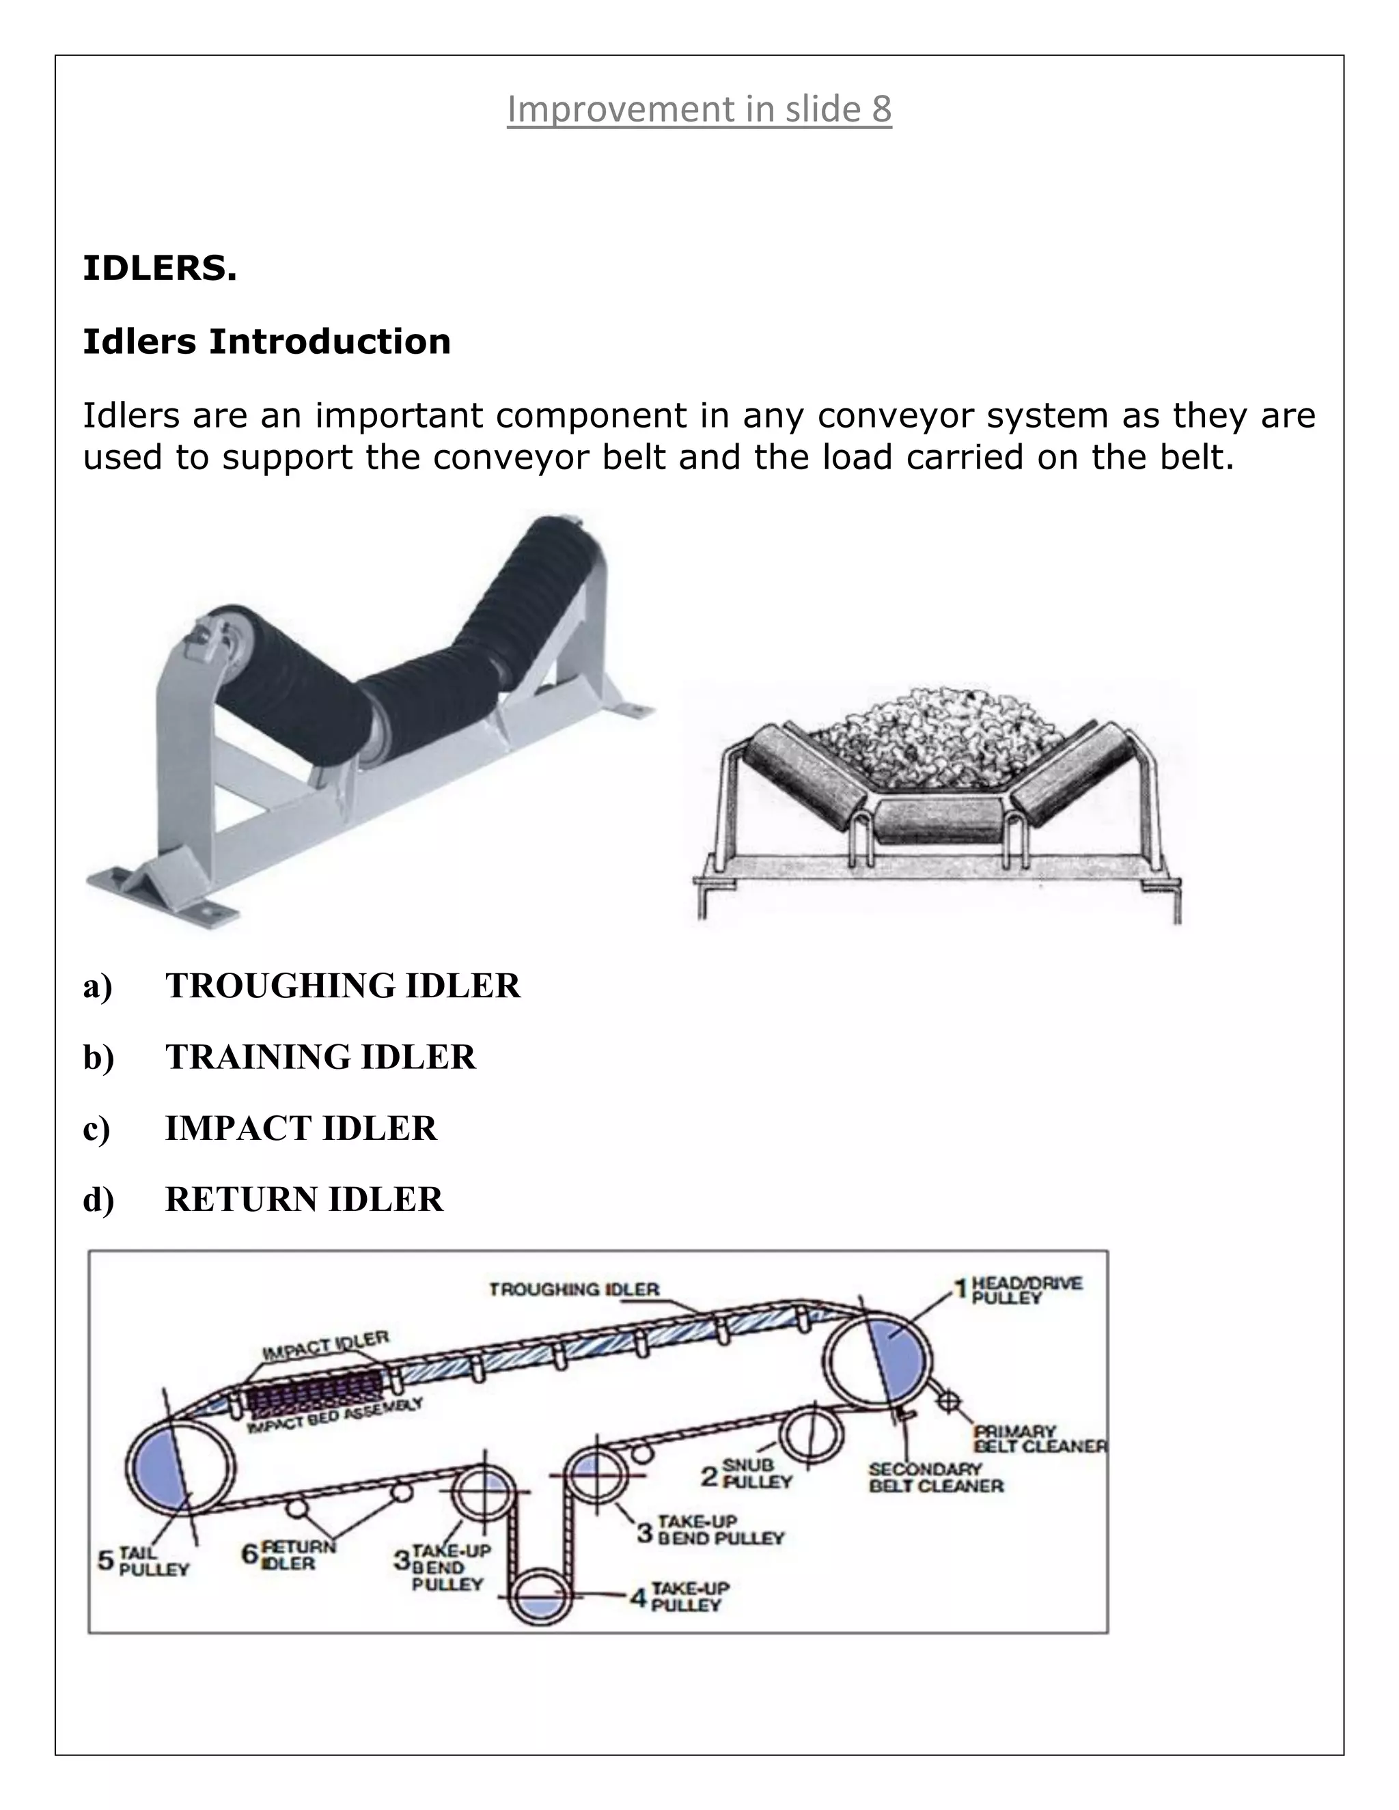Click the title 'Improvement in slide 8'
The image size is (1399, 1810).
point(699,109)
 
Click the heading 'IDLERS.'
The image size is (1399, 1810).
point(160,268)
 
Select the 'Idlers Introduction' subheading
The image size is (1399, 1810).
point(266,342)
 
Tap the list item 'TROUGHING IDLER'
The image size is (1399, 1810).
point(342,986)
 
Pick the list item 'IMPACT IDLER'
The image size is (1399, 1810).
point(300,1128)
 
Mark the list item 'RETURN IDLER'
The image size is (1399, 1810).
point(303,1199)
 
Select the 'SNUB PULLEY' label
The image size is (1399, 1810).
point(756,1473)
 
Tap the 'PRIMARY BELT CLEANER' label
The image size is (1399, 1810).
point(1039,1440)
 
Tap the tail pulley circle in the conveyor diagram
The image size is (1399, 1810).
point(180,1468)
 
